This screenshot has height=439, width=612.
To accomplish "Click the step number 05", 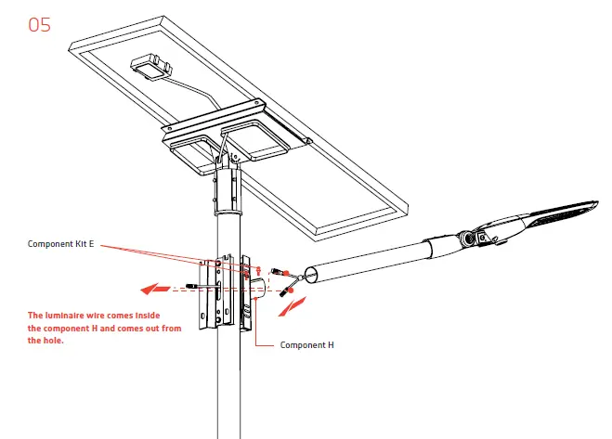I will click(x=40, y=24).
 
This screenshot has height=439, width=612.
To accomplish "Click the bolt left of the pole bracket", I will click(x=192, y=285).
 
